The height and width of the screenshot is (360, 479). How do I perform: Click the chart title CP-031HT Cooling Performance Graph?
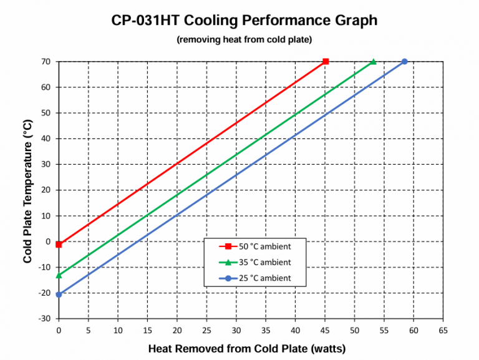[x=244, y=21]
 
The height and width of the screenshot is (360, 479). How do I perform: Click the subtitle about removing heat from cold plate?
[x=244, y=40]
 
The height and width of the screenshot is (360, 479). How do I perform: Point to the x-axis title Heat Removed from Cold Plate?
[x=246, y=348]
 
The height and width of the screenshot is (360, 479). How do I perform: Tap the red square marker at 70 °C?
[x=326, y=62]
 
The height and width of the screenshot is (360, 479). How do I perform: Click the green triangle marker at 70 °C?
[x=373, y=62]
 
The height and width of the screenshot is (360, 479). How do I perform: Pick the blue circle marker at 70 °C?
[x=404, y=62]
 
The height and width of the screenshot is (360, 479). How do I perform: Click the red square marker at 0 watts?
[x=59, y=245]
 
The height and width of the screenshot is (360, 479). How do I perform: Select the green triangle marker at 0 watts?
[x=59, y=275]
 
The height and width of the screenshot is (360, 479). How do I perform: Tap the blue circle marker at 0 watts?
[x=59, y=294]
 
